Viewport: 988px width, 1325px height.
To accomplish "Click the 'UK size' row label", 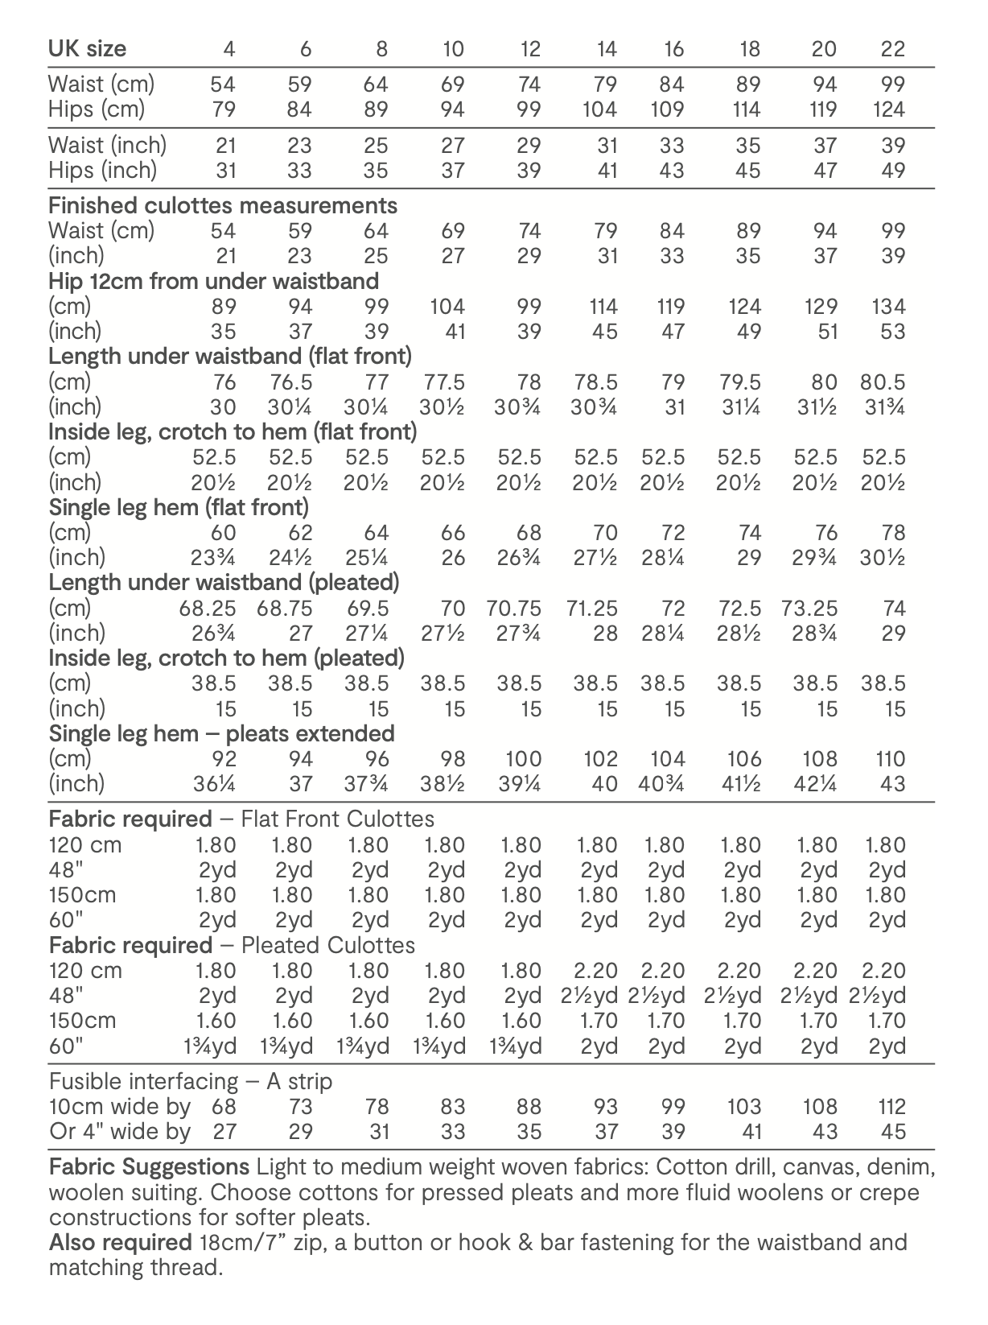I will coord(87,48).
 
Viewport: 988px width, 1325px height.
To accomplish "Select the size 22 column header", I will coord(892,49).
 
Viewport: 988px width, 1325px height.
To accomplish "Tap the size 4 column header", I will coord(228,49).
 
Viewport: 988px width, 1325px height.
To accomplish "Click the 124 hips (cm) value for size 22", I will coord(888,109).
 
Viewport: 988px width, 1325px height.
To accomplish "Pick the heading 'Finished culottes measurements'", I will coord(223,205).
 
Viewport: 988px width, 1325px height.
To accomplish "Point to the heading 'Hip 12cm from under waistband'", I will coord(213,281).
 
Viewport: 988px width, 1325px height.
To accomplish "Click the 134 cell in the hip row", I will coord(888,306).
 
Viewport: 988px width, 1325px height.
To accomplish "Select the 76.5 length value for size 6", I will coord(290,382).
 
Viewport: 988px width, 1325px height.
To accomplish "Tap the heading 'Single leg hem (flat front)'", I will coord(179,507).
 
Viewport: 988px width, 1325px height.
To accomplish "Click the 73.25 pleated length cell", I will coord(809,608).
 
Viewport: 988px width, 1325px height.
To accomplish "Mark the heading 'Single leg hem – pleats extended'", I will coord(221,733).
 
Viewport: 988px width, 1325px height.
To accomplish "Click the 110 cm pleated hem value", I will coord(890,758).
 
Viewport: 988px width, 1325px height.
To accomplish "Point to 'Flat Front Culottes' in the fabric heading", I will coord(337,819).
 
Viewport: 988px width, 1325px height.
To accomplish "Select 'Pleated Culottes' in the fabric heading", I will coord(328,944).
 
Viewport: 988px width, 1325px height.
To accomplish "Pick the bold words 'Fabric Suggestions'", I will coord(149,1166).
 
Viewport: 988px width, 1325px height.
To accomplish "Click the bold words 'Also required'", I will coord(120,1242).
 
